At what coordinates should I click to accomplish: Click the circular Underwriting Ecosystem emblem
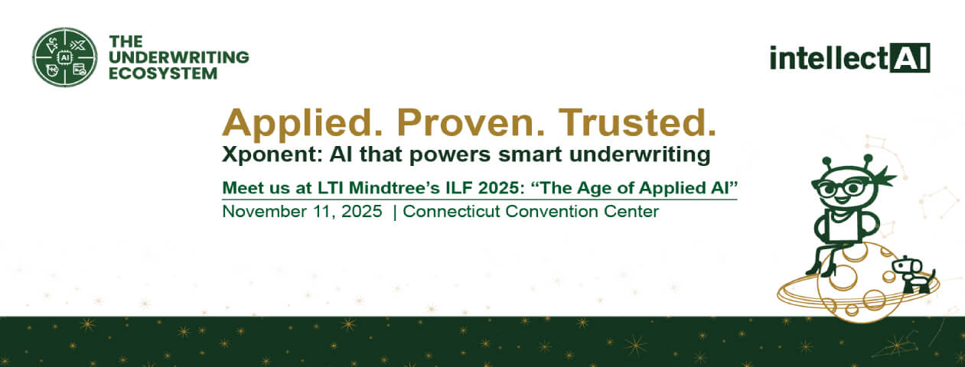65,57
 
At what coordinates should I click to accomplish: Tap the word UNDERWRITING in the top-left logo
179,57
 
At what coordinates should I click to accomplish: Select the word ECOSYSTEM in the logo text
163,73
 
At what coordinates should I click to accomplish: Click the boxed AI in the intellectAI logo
909,57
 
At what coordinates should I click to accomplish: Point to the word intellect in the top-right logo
829,57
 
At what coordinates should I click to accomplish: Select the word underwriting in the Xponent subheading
639,154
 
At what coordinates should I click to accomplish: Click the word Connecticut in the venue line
452,212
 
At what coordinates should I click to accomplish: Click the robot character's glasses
839,188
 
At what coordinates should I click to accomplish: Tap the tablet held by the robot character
843,226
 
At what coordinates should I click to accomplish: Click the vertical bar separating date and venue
395,212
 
